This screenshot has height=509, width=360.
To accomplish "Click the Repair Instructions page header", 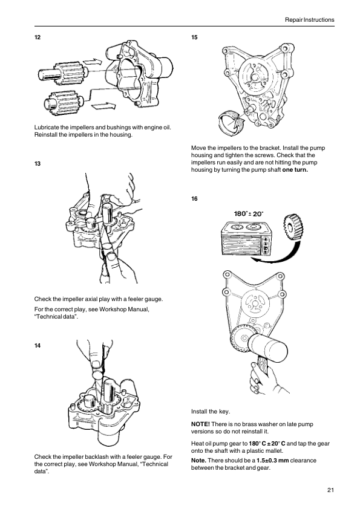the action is tap(309, 20).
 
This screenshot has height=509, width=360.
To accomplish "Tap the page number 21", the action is tap(330, 490).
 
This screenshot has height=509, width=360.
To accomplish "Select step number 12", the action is tap(38, 37).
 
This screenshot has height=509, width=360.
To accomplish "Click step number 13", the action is tap(38, 164).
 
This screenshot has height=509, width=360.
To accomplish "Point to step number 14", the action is tap(38, 345).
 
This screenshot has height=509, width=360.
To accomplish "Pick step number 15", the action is tap(194, 37).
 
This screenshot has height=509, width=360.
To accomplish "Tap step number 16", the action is tap(194, 199).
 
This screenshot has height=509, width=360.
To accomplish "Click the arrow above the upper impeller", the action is tap(93, 61).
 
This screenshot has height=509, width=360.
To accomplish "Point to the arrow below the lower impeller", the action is tap(103, 106).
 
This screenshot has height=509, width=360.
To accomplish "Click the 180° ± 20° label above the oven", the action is tap(249, 213).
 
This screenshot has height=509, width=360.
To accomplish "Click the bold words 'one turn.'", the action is tap(295, 170).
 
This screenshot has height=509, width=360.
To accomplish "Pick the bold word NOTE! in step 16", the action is tap(200, 424).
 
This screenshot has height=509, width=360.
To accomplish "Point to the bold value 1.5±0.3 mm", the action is tap(273, 460).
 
